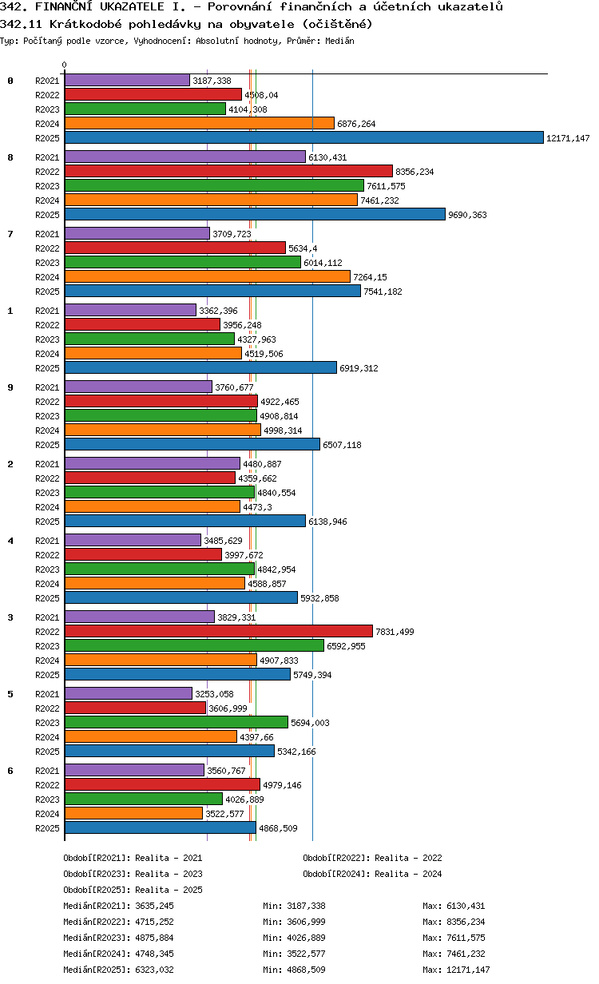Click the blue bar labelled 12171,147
click(303, 137)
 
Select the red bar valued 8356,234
click(228, 172)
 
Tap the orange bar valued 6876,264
click(199, 123)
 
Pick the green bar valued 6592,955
click(194, 645)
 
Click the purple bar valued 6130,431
click(184, 157)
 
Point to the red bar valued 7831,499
click(218, 631)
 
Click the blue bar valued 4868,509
click(160, 828)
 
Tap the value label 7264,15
click(370, 277)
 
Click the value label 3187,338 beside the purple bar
click(212, 81)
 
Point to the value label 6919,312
click(359, 368)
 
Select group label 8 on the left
click(10, 157)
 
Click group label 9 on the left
click(10, 387)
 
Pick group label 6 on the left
click(10, 771)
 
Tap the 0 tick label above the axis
click(65, 65)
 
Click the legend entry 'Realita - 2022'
click(408, 858)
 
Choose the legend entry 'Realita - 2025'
click(169, 890)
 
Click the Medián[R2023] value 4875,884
click(154, 938)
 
